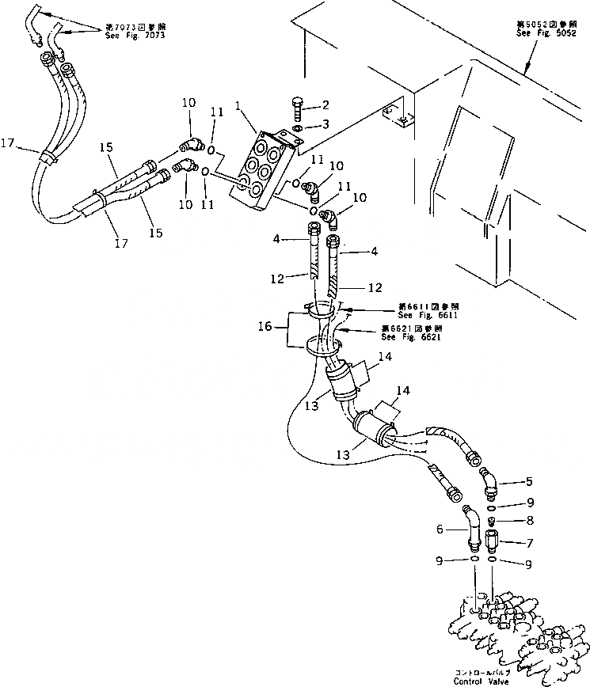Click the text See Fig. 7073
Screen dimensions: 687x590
pyautogui.click(x=140, y=36)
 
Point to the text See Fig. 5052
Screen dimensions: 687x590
pyautogui.click(x=542, y=33)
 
